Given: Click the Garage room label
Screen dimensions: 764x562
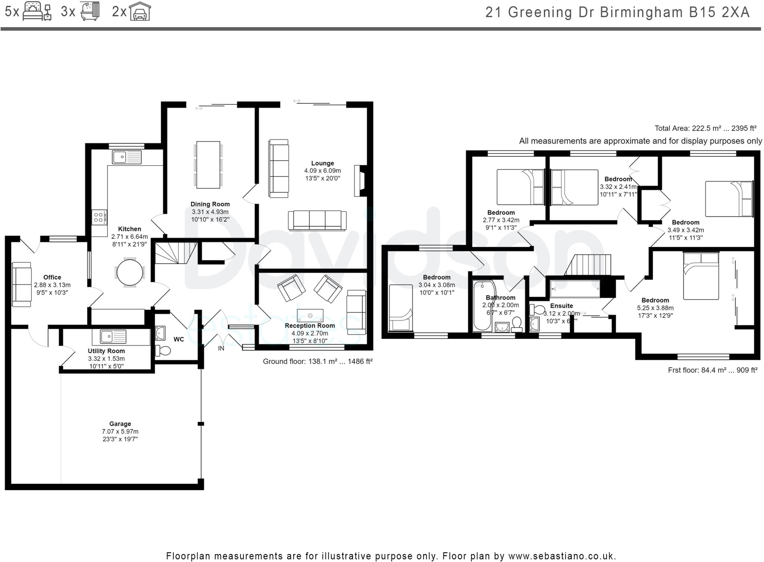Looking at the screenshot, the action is pos(120,424).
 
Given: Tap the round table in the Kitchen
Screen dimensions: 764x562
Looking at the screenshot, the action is pos(129,272).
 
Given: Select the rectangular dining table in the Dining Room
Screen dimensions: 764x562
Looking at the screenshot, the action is pos(208,165).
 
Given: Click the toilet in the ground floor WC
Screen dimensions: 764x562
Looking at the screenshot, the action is pos(163,350).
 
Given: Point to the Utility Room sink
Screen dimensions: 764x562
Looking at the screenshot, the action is pos(113,337).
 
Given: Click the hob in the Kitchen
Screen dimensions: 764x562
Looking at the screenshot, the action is pos(99,217).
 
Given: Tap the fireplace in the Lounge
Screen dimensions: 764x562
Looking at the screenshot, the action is pos(361,181).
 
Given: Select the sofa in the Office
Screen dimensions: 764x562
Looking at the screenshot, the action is pos(22,284).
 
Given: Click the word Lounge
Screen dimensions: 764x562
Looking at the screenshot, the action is pos(322,163).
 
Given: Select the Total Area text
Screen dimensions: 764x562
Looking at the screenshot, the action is pos(705,128).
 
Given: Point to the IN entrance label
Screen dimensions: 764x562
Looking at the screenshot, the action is pos(221,348).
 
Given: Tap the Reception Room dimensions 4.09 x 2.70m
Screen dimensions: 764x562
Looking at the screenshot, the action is pos(310,333).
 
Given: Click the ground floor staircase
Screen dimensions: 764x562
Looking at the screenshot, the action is pos(176,253).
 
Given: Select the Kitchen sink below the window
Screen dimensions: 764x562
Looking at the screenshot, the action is pos(127,157).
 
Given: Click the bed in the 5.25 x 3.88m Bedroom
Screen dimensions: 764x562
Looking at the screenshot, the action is pos(701,276).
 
